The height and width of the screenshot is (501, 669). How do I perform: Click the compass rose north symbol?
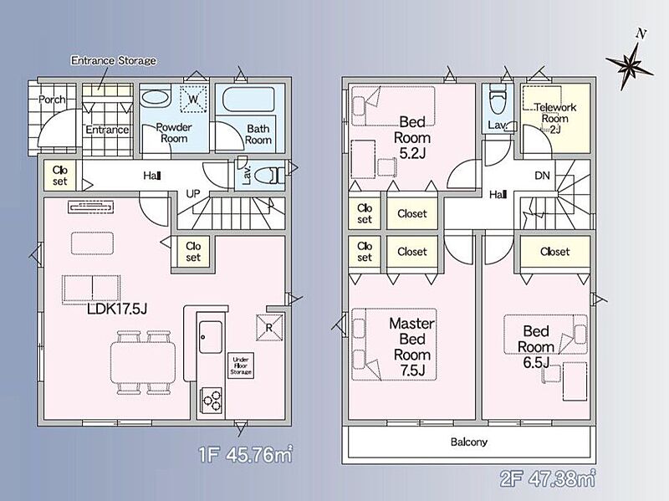[630, 63]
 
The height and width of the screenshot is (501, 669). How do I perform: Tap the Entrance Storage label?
[114, 60]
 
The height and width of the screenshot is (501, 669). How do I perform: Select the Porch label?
[52, 100]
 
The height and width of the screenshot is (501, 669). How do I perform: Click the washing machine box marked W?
[193, 100]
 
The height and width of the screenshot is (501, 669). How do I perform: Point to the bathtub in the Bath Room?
[248, 100]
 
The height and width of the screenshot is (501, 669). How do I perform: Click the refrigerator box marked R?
[269, 327]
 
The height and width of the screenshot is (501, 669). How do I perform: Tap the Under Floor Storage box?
[241, 366]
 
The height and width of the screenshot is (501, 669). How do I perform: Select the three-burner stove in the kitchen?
[212, 401]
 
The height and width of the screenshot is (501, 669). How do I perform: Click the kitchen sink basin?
[211, 337]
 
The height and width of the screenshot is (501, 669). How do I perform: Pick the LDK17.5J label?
[117, 309]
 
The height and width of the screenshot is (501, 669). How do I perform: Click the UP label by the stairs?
[193, 194]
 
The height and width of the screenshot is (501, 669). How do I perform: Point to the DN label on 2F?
[542, 175]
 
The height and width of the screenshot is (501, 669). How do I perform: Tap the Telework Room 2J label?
[555, 118]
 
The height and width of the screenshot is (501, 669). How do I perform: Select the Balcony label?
[469, 442]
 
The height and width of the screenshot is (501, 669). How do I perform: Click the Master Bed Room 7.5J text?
[411, 346]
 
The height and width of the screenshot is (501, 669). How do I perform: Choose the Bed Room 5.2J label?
[412, 137]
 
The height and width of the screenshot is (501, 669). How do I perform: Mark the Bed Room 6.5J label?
[536, 346]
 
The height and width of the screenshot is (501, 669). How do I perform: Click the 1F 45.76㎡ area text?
[246, 455]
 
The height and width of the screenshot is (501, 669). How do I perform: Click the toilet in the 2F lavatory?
[498, 100]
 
